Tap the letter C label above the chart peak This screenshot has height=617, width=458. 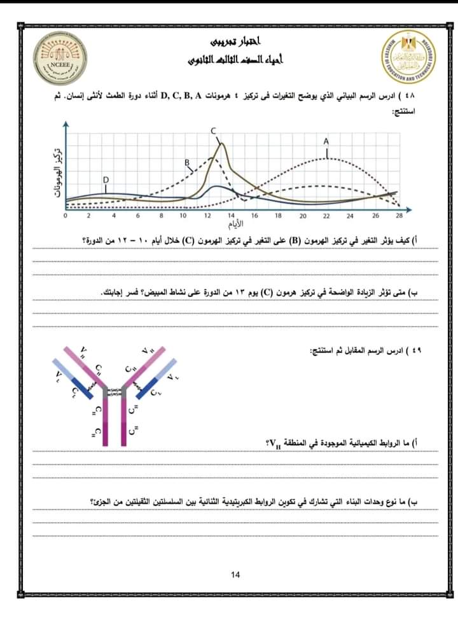(214, 131)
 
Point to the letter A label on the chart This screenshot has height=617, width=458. (326, 141)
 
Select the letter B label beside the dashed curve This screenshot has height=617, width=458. (188, 163)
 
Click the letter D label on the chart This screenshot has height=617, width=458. (106, 180)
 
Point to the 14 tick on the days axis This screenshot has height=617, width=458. (232, 216)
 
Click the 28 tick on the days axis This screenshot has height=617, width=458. (399, 216)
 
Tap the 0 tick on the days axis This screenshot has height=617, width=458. (65, 216)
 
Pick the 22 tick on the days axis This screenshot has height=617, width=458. (326, 216)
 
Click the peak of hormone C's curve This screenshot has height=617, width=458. (221, 144)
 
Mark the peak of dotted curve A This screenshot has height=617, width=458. (326, 157)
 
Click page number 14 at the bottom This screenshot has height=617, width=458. (236, 575)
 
